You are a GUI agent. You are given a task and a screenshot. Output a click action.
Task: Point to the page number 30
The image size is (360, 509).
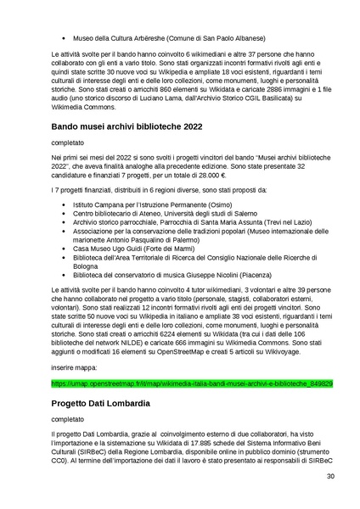(x=329, y=500)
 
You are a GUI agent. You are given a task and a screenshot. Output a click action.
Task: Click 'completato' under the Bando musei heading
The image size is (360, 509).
(x=70, y=145)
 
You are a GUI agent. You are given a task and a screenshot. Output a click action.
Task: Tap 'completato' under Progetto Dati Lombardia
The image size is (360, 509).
(x=70, y=419)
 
